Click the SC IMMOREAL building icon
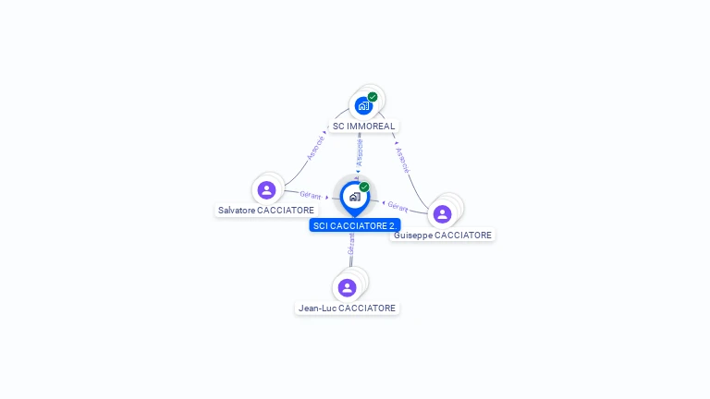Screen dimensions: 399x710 pyautogui.click(x=363, y=105)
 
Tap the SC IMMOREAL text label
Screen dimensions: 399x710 pyautogui.click(x=363, y=126)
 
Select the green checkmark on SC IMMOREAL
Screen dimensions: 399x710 pyautogui.click(x=373, y=97)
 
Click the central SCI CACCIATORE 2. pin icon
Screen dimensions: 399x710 pyautogui.click(x=354, y=197)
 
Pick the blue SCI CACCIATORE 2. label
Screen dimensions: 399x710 pyautogui.click(x=355, y=225)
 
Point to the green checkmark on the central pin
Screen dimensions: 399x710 pyautogui.click(x=364, y=187)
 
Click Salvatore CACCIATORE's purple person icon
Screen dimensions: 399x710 pyautogui.click(x=266, y=190)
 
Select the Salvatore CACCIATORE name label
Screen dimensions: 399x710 pyautogui.click(x=265, y=211)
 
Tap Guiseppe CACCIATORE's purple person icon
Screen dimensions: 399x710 pyautogui.click(x=442, y=213)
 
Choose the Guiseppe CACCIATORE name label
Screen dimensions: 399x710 pyautogui.click(x=442, y=236)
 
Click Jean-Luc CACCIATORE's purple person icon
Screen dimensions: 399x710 pyautogui.click(x=347, y=287)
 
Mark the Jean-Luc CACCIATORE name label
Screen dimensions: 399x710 pyautogui.click(x=347, y=308)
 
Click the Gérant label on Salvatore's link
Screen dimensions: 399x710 pyautogui.click(x=310, y=195)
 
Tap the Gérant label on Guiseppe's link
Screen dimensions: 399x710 pyautogui.click(x=398, y=206)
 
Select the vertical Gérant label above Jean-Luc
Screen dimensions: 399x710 pyautogui.click(x=351, y=245)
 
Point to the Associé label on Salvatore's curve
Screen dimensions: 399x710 pyautogui.click(x=315, y=147)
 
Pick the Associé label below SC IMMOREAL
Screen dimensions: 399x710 pyautogui.click(x=360, y=151)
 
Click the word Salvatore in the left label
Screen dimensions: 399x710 pyautogui.click(x=236, y=211)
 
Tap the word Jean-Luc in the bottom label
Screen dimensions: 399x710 pyautogui.click(x=317, y=308)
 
